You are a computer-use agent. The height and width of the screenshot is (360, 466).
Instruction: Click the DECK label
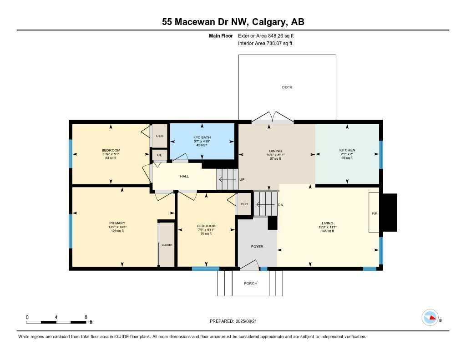[287, 87]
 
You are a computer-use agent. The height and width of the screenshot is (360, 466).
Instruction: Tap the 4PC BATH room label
[202, 137]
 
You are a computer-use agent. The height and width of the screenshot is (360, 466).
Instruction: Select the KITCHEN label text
[347, 150]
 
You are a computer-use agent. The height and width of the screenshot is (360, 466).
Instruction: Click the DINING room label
[275, 151]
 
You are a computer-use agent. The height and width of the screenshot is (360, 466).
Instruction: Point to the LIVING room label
[327, 223]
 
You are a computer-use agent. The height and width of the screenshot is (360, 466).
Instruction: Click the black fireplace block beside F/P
[389, 213]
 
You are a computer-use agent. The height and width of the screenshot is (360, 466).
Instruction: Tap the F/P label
[375, 213]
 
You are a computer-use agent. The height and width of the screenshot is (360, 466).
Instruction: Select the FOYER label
[257, 247]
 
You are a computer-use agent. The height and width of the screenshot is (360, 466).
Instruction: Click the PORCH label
[250, 284]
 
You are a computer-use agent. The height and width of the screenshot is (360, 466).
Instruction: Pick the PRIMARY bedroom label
[117, 223]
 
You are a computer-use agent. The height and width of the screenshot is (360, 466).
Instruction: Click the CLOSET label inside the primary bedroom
[167, 245]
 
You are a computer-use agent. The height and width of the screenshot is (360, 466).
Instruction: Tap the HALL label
[184, 177]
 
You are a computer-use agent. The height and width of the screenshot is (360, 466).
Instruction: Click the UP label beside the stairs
[242, 179]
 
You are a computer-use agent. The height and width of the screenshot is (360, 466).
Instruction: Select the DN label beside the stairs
[281, 205]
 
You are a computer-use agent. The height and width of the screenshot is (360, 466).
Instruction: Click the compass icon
[430, 318]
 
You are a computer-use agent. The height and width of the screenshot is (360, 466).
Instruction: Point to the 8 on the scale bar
[86, 317]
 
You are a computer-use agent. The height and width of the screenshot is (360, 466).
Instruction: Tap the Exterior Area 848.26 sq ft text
[269, 35]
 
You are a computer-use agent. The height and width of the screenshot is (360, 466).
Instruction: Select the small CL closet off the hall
[159, 155]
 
